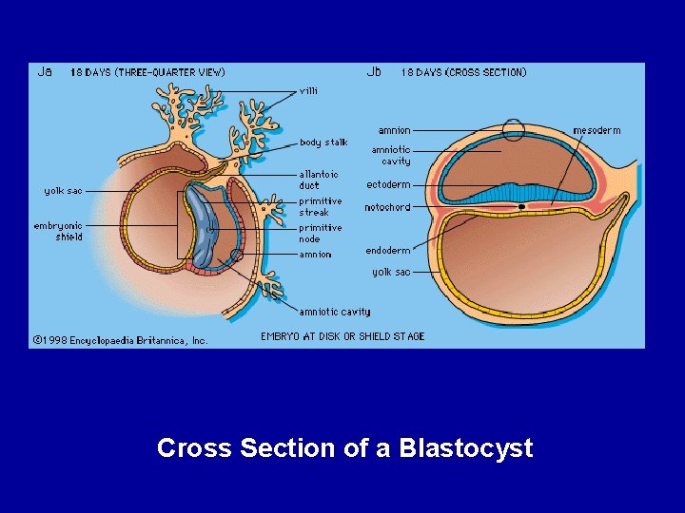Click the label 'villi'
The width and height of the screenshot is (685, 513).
click(309, 91)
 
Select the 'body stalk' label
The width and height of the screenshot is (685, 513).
click(323, 142)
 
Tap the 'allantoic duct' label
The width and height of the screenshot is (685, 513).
click(318, 180)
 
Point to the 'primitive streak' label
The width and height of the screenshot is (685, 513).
click(321, 207)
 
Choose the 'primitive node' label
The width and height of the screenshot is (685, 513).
click(321, 234)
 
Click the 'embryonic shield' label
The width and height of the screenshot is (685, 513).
click(58, 231)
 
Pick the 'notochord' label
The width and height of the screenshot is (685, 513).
click(387, 207)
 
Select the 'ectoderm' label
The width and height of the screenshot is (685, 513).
click(388, 184)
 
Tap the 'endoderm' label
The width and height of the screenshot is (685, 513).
click(388, 251)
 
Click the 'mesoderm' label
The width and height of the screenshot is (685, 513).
click(597, 130)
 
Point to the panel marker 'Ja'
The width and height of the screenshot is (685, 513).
click(45, 71)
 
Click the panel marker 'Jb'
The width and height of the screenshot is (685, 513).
click(375, 71)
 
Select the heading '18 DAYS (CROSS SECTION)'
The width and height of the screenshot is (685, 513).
click(463, 72)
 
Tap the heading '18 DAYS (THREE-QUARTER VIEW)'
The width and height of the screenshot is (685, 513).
click(147, 72)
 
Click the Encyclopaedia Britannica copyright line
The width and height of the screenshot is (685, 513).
click(120, 339)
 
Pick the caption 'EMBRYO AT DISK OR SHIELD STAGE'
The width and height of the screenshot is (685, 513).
click(342, 336)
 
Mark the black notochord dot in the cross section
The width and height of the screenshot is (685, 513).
click(522, 206)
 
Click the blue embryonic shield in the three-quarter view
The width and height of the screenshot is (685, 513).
click(204, 225)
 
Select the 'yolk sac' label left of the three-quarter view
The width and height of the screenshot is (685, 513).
click(63, 191)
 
